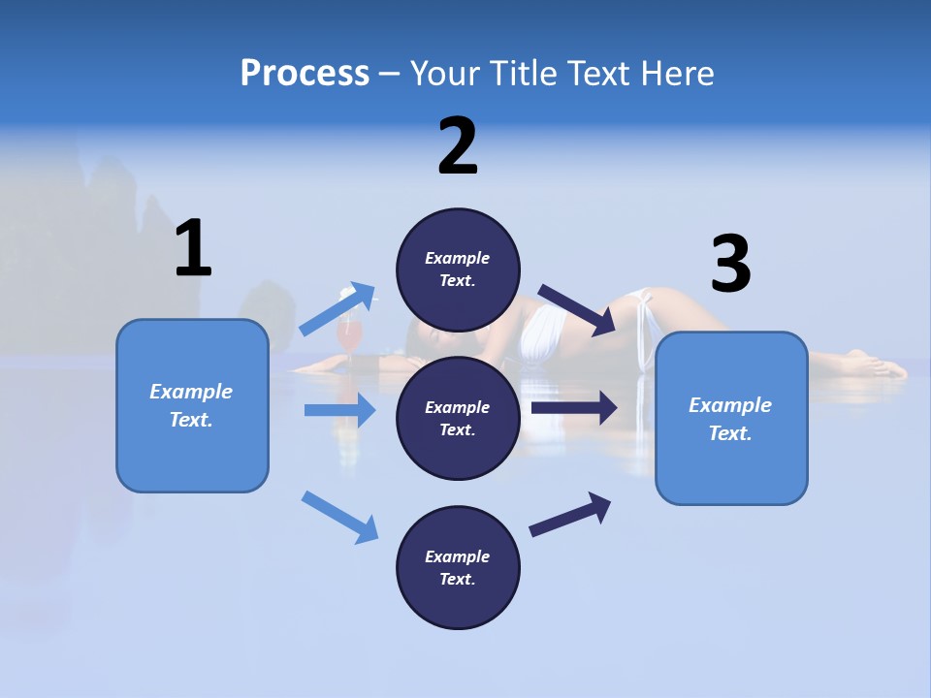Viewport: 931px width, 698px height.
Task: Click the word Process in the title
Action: [x=305, y=73]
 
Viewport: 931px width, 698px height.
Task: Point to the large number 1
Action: [x=193, y=248]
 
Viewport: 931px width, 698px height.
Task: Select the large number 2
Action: [x=458, y=146]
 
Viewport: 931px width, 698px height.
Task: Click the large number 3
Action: [x=730, y=264]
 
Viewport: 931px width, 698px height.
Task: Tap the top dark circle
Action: [x=458, y=270]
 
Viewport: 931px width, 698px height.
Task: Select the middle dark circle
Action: [x=458, y=419]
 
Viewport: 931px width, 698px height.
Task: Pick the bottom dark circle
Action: [x=458, y=568]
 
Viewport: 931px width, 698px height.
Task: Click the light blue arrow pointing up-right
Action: [x=337, y=309]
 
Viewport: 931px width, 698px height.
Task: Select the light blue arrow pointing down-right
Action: [x=339, y=517]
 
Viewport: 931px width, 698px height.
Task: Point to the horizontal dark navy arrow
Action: [x=574, y=407]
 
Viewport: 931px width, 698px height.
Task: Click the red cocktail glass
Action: [x=349, y=334]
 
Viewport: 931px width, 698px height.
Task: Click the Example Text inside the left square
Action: [x=191, y=405]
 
